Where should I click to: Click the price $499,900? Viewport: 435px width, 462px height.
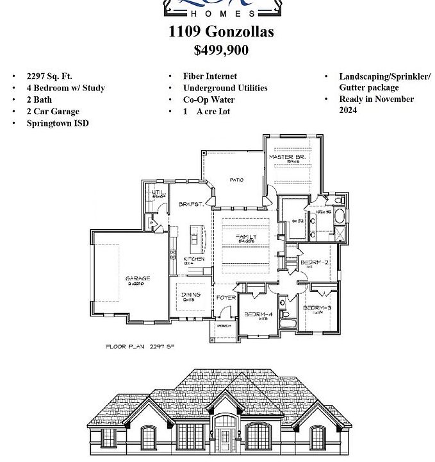click(221, 50)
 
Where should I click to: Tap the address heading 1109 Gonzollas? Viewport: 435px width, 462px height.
click(221, 31)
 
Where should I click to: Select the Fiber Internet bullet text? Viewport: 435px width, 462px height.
click(209, 76)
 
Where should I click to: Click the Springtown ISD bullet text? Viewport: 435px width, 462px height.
click(58, 123)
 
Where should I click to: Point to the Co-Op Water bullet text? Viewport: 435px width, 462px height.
click(209, 99)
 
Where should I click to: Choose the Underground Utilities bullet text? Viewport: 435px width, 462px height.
click(225, 88)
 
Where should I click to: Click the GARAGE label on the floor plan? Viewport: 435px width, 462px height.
click(138, 278)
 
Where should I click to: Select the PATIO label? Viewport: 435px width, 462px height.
click(237, 180)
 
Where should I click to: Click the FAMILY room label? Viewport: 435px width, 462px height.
click(246, 237)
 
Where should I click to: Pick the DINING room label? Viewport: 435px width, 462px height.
click(192, 295)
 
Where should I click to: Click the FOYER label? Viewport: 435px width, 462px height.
click(226, 298)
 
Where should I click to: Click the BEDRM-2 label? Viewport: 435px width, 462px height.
click(315, 263)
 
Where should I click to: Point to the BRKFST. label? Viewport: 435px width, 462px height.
click(191, 204)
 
